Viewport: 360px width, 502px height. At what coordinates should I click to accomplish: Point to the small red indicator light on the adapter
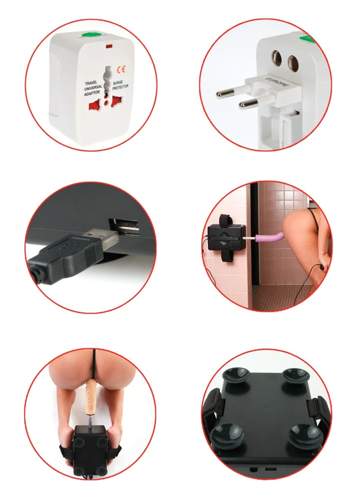click(108, 47)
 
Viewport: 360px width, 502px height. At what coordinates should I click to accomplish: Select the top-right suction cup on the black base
click(294, 375)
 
